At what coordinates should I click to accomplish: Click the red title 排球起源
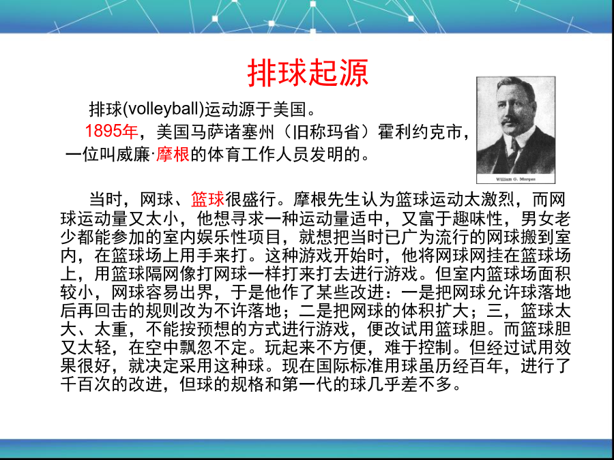pos(308,73)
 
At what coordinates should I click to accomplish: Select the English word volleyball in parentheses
pos(164,109)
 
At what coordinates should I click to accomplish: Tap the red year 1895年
pos(112,132)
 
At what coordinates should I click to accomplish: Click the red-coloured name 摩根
pos(173,155)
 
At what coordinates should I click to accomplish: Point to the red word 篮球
pos(207,200)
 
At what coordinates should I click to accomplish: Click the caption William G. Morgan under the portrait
pos(516,179)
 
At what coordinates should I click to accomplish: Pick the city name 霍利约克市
pos(420,132)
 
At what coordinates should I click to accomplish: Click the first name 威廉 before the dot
pos(133,155)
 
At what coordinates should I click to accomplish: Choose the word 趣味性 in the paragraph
pos(477,218)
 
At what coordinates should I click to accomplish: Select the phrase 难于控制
pos(418,347)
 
